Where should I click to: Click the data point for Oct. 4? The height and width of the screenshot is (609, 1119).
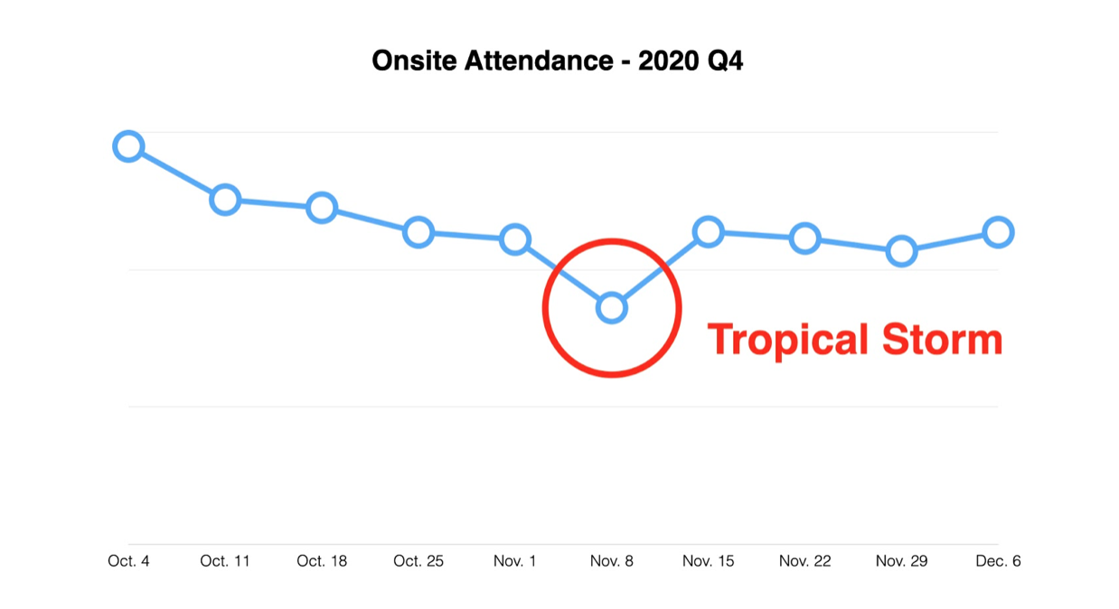pyautogui.click(x=129, y=146)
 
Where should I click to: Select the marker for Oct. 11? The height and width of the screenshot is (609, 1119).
pyautogui.click(x=225, y=201)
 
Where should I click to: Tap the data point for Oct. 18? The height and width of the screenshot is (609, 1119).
pyautogui.click(x=322, y=208)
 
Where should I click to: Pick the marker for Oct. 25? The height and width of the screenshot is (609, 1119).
pyautogui.click(x=418, y=232)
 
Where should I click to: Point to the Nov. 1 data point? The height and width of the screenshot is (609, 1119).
pyautogui.click(x=515, y=239)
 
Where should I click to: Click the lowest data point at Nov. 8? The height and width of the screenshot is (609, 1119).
pyautogui.click(x=612, y=308)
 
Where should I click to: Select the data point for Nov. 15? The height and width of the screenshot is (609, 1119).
pyautogui.click(x=709, y=232)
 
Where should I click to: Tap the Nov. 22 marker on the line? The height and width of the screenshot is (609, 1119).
pyautogui.click(x=804, y=239)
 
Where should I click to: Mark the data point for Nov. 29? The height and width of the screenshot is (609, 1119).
pyautogui.click(x=902, y=250)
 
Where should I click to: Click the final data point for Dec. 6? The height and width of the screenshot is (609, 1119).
pyautogui.click(x=998, y=232)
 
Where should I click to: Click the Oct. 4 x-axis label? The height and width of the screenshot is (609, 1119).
pyautogui.click(x=129, y=561)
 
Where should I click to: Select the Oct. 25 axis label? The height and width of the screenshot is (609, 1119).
pyautogui.click(x=418, y=561)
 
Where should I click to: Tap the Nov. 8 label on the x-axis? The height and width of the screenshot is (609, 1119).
pyautogui.click(x=612, y=561)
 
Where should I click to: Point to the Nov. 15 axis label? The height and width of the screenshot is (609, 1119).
pyautogui.click(x=709, y=561)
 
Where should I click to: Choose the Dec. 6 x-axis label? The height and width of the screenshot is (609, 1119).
pyautogui.click(x=998, y=561)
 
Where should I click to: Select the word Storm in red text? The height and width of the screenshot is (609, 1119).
pyautogui.click(x=943, y=340)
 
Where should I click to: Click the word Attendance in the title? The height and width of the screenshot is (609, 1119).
pyautogui.click(x=539, y=61)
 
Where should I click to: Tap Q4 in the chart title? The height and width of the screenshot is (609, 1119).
pyautogui.click(x=725, y=61)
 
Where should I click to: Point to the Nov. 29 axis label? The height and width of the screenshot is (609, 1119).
pyautogui.click(x=902, y=561)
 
